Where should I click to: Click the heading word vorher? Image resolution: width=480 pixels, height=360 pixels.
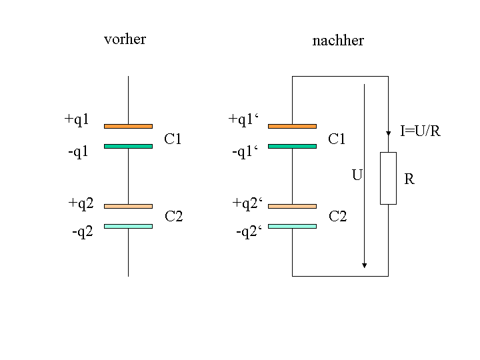coord(125,39)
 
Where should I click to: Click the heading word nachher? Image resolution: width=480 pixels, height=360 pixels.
coord(338,41)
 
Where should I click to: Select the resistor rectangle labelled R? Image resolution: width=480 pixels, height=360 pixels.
coord(388,178)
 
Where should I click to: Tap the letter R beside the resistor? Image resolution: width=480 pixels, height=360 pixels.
coord(409,179)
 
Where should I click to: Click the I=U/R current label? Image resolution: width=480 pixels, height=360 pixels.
coord(420,131)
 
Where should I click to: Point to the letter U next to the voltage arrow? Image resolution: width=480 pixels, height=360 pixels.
coord(357,175)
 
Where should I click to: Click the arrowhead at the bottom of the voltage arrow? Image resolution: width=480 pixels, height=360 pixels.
coord(364,265)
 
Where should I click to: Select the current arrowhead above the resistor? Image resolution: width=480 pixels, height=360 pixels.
coord(388,133)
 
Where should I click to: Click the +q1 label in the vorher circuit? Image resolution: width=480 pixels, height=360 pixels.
coord(77,119)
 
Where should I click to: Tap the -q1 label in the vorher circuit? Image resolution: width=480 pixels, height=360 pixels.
coord(78,151)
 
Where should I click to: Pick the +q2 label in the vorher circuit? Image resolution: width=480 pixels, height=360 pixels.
coord(81,203)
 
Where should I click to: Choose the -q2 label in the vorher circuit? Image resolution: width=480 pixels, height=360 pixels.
coord(83,232)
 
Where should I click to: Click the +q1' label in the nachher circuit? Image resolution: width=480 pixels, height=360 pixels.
coord(243,119)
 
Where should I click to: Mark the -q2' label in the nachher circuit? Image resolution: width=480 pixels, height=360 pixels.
coord(249,232)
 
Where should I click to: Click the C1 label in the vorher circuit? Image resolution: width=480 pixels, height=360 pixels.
coord(173,139)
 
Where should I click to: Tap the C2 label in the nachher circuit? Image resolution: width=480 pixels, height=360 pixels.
coord(337,217)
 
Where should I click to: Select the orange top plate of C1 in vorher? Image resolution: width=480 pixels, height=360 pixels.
coord(128,126)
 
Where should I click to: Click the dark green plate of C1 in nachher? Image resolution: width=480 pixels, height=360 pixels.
coord(293,146)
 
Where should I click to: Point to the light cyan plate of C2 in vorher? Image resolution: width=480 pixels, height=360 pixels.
coord(128,226)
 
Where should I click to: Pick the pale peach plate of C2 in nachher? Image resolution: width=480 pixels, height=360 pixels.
coord(293,206)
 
